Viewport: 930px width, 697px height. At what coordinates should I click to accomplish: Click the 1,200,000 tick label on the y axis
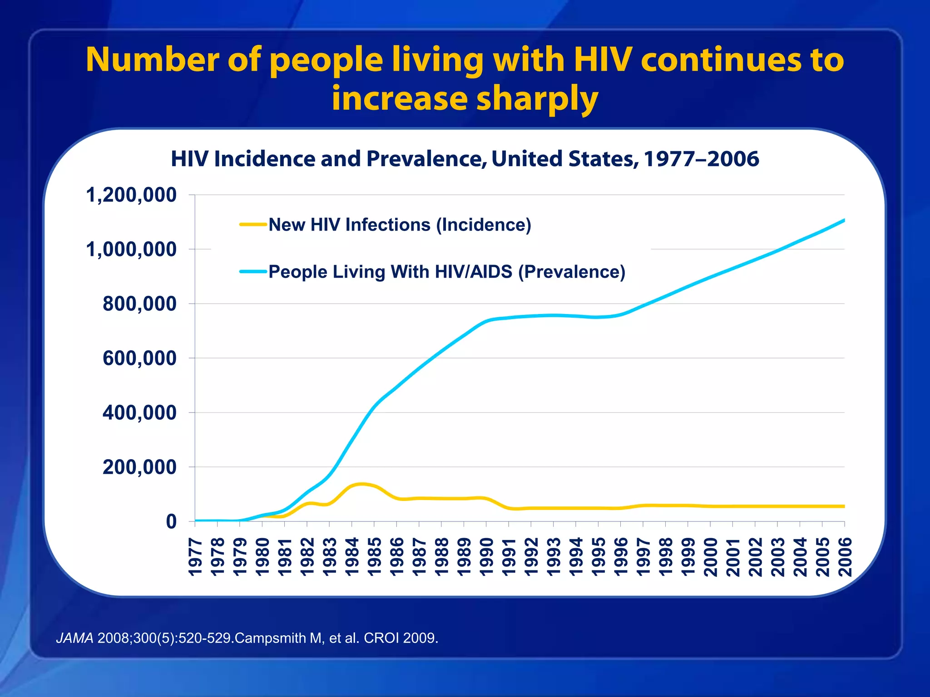(131, 195)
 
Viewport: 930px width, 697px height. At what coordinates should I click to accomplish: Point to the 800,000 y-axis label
(139, 304)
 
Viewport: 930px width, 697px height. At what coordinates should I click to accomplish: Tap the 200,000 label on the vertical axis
(139, 467)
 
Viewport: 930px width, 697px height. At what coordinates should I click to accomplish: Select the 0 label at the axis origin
(171, 522)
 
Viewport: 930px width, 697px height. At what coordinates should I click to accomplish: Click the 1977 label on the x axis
(195, 557)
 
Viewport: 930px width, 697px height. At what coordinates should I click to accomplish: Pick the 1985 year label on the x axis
(375, 557)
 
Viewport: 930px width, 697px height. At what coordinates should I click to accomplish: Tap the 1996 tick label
(621, 557)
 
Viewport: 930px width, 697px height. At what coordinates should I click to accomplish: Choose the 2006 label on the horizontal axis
(845, 557)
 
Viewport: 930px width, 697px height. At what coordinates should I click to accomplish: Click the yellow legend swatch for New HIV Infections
(253, 224)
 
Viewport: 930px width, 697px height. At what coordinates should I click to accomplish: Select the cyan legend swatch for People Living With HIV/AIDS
(253, 271)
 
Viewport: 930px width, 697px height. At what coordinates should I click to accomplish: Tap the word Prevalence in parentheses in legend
(572, 272)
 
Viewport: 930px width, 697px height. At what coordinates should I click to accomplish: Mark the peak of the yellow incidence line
(361, 484)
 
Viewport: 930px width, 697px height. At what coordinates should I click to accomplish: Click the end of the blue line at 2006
(844, 220)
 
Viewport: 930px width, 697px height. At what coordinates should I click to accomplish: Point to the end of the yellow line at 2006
(844, 506)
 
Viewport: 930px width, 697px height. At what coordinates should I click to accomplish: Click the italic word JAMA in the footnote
(75, 638)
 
